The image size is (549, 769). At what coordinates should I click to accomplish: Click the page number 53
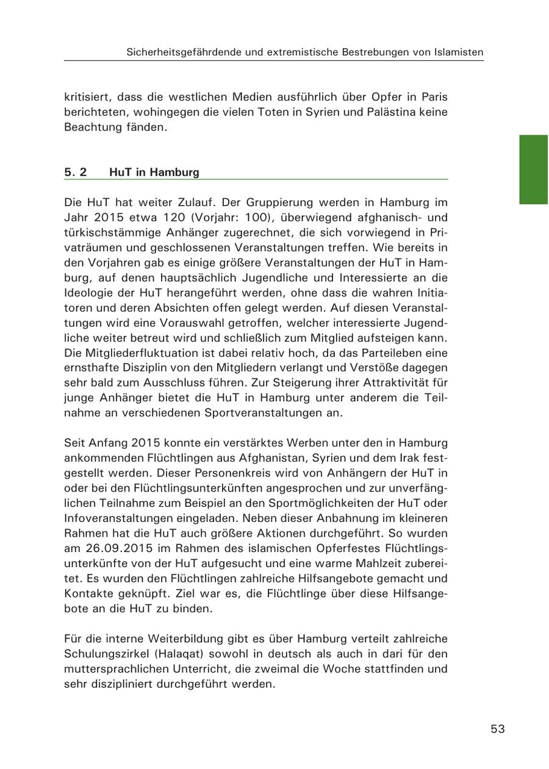[x=498, y=729]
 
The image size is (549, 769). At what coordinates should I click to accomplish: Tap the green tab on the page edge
[x=534, y=170]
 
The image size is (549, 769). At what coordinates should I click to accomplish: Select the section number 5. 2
[x=76, y=172]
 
